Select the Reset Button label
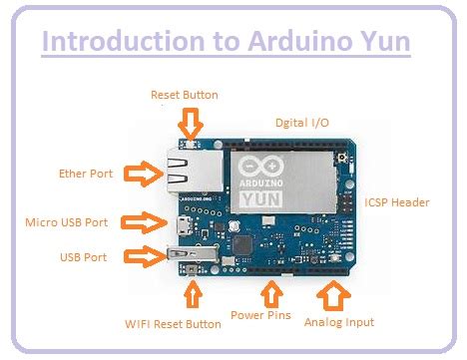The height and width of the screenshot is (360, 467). pos(184,95)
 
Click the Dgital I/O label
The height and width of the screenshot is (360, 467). pos(301,122)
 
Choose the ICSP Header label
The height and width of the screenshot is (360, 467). pos(396,202)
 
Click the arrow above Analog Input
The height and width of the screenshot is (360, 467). pos(331,294)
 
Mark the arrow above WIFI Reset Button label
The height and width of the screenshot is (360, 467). pos(194,295)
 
